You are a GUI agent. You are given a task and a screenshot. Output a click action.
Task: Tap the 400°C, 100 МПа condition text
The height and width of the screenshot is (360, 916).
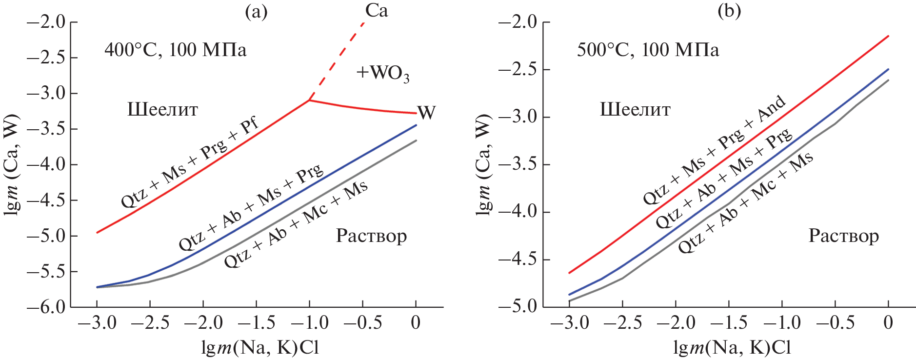point(175,50)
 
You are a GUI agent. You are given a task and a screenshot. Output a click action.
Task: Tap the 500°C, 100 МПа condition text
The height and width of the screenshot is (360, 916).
point(648,50)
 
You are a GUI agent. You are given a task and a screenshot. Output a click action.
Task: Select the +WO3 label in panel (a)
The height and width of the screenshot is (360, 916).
point(382,73)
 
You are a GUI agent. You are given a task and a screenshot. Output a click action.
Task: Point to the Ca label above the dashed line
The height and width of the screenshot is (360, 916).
point(377,11)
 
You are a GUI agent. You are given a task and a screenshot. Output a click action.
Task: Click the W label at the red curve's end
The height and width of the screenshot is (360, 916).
point(426,112)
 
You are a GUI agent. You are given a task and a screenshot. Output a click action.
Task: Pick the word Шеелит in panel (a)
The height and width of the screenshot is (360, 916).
point(162,110)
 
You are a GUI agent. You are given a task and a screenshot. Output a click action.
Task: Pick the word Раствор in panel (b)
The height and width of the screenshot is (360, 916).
point(843,236)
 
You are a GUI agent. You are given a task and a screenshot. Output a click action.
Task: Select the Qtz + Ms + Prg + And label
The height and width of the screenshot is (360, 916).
point(715,149)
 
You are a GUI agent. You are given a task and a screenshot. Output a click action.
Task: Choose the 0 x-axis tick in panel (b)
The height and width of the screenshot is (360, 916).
point(888,322)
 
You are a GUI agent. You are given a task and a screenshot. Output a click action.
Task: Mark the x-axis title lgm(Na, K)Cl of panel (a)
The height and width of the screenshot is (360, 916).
point(260,348)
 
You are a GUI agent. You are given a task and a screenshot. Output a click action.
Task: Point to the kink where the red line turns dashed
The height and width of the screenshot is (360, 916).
point(309,100)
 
